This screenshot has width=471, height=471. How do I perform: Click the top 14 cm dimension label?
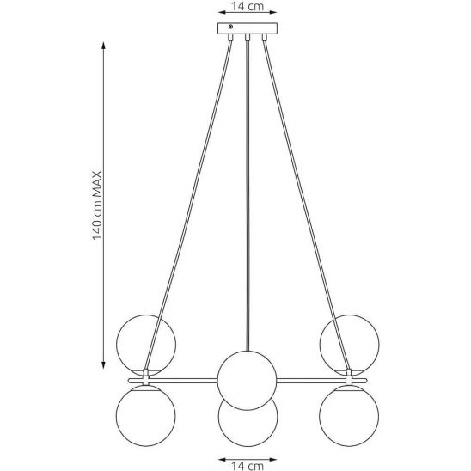point(248,6)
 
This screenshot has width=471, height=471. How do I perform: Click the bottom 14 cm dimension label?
point(248,466)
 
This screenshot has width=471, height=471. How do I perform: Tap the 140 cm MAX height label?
point(97,205)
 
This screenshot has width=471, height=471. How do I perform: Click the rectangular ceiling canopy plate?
point(248,28)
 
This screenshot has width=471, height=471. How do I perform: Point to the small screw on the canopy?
point(230,27)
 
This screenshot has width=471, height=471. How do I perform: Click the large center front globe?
point(247,380)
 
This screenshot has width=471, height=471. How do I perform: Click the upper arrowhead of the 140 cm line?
point(103,46)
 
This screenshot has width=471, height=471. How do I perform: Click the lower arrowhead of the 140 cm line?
point(103,365)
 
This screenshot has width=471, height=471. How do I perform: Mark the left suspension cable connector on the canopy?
point(230,37)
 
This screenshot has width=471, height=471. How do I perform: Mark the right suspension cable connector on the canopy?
point(265,37)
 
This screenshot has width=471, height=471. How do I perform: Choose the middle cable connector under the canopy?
point(248,37)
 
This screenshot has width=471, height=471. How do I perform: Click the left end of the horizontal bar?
point(129,381)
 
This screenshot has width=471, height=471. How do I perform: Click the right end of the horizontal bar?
point(366,381)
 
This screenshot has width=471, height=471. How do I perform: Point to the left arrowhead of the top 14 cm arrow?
point(222,12)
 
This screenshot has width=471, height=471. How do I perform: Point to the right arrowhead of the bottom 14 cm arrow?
point(272,460)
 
